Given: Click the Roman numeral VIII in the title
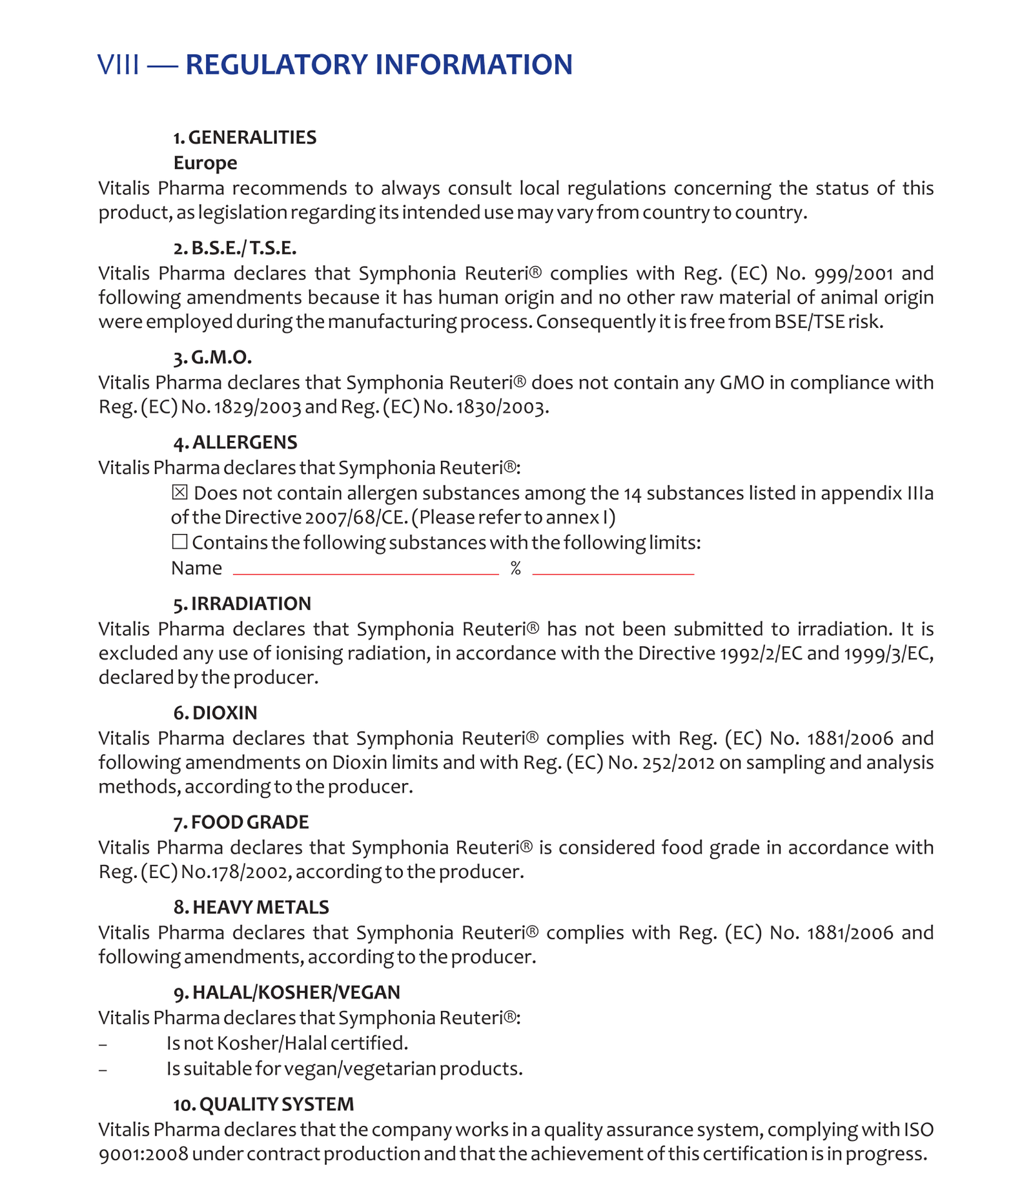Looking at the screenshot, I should click(118, 65).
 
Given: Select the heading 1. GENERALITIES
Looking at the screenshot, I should click(245, 138).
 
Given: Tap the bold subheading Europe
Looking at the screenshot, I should click(205, 163).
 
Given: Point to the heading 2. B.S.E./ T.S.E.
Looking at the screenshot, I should click(235, 248).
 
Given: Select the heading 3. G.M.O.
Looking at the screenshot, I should click(212, 358).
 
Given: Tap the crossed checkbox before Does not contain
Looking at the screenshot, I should click(179, 493).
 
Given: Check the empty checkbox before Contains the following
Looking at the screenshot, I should click(179, 542).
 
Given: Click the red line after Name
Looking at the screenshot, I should click(366, 573).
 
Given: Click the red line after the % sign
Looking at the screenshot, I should click(613, 573).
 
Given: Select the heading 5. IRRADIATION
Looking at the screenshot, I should click(242, 604).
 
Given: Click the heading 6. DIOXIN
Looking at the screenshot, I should click(215, 713).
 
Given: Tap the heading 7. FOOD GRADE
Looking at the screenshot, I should click(241, 822).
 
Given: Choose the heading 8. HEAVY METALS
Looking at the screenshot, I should click(251, 907).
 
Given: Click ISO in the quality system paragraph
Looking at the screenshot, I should click(917, 1130).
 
